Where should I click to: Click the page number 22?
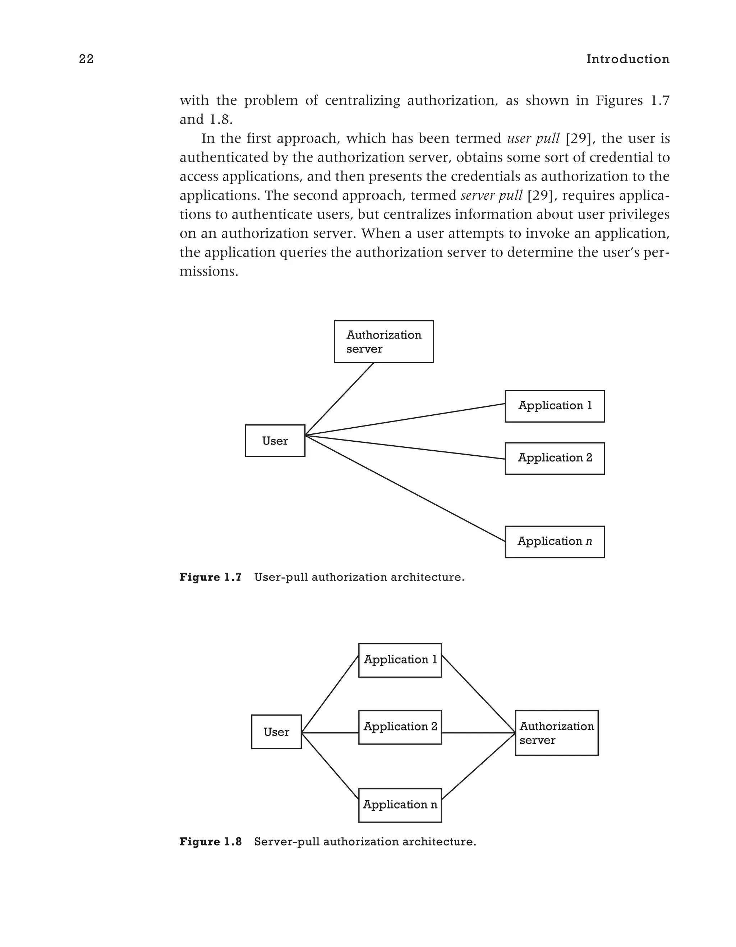86,59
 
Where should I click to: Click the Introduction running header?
628,59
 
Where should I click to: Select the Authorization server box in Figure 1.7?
383,342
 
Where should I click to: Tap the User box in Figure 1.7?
275,441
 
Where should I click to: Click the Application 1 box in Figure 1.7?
555,406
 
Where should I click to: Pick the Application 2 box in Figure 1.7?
555,458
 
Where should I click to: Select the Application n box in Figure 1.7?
555,542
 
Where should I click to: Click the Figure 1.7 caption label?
211,578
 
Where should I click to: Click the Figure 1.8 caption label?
211,842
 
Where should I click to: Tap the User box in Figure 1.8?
276,732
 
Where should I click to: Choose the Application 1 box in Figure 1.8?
400,660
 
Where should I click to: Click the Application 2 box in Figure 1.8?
400,727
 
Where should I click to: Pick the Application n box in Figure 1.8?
400,805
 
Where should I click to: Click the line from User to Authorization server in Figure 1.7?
339,399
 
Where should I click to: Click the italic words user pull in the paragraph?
533,139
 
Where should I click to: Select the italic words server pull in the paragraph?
491,196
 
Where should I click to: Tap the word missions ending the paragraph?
209,272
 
